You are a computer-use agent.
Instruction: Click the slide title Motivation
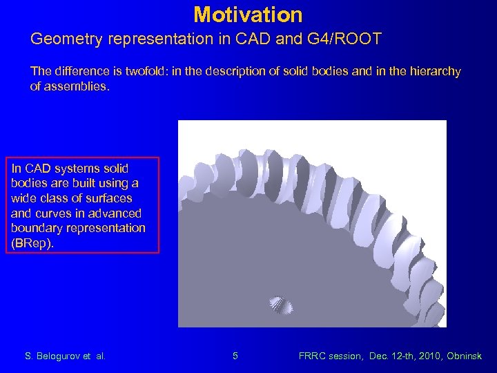tap(248, 15)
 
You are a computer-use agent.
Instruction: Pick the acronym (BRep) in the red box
tap(32, 242)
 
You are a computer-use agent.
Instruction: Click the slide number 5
tap(235, 356)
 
